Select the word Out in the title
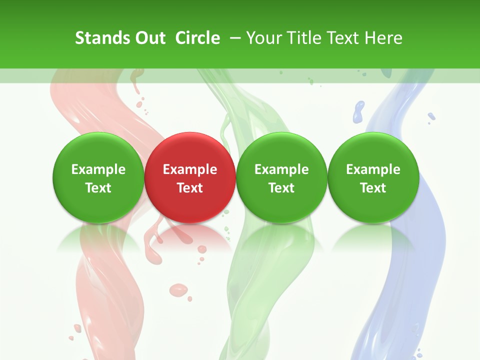[148, 38]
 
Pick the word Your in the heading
[263, 38]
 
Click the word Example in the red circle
[190, 169]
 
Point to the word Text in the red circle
[190, 188]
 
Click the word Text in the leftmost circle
[98, 188]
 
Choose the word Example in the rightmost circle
[373, 169]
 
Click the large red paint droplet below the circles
[178, 289]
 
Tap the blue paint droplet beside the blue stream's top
[358, 111]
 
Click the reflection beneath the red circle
[190, 237]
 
